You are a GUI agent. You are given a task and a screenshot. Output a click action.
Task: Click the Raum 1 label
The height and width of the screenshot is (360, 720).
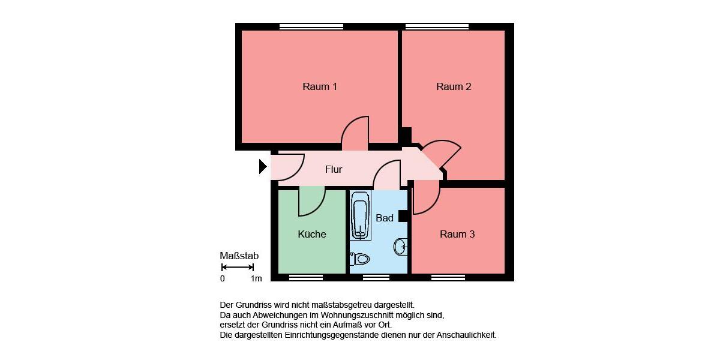pos(320,87)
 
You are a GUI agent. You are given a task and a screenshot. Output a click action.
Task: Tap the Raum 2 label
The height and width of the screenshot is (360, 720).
pos(454,87)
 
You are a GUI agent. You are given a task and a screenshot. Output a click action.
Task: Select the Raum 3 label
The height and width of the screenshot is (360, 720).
pos(457,234)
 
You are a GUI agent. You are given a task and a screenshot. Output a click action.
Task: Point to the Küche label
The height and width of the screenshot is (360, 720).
pos(312,234)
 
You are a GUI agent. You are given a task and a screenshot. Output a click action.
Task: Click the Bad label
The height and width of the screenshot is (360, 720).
pos(385,218)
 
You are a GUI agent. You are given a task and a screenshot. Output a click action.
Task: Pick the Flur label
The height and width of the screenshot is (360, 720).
pos(334,170)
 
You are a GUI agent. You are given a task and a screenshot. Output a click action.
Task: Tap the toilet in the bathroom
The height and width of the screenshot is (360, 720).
pos(361,259)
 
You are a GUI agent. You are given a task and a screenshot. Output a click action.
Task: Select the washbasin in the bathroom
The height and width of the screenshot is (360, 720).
pos(401,246)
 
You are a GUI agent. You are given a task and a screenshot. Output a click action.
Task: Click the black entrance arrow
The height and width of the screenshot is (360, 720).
pos(263,166)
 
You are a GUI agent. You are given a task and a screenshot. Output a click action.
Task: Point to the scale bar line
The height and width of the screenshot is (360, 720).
pos(238,267)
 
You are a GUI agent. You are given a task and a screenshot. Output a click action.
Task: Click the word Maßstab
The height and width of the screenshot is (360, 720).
pos(239,256)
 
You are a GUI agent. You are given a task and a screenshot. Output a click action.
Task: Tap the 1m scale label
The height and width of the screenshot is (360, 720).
pos(256,278)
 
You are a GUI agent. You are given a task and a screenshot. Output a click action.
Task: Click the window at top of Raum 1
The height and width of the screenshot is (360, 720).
pos(311,26)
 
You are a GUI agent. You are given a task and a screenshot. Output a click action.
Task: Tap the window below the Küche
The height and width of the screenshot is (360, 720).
pos(306,277)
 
